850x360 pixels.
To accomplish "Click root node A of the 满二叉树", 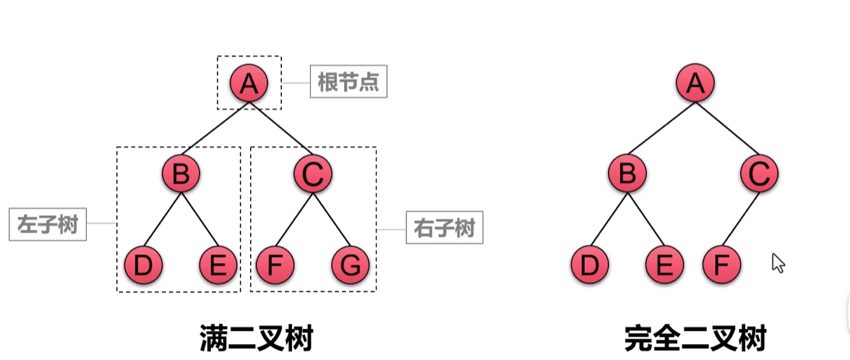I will point(249,84).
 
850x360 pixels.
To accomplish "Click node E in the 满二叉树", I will point(218,265).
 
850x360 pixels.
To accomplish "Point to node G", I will point(351,265).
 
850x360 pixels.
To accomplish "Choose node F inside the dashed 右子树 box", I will point(275,265).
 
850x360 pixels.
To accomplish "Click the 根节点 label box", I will point(348,83).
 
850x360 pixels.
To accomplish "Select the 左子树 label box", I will point(47,226).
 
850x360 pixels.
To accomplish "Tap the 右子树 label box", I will point(445,229).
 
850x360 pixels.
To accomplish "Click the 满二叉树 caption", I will point(256,337).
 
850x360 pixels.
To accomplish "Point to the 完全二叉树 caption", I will point(695,338).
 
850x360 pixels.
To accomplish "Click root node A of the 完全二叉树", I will point(695,84).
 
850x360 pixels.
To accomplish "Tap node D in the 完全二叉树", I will point(590,265).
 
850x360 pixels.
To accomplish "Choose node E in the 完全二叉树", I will point(664,265).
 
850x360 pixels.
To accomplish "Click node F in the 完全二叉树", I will point(721,265).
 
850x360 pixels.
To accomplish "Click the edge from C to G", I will point(332,220).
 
